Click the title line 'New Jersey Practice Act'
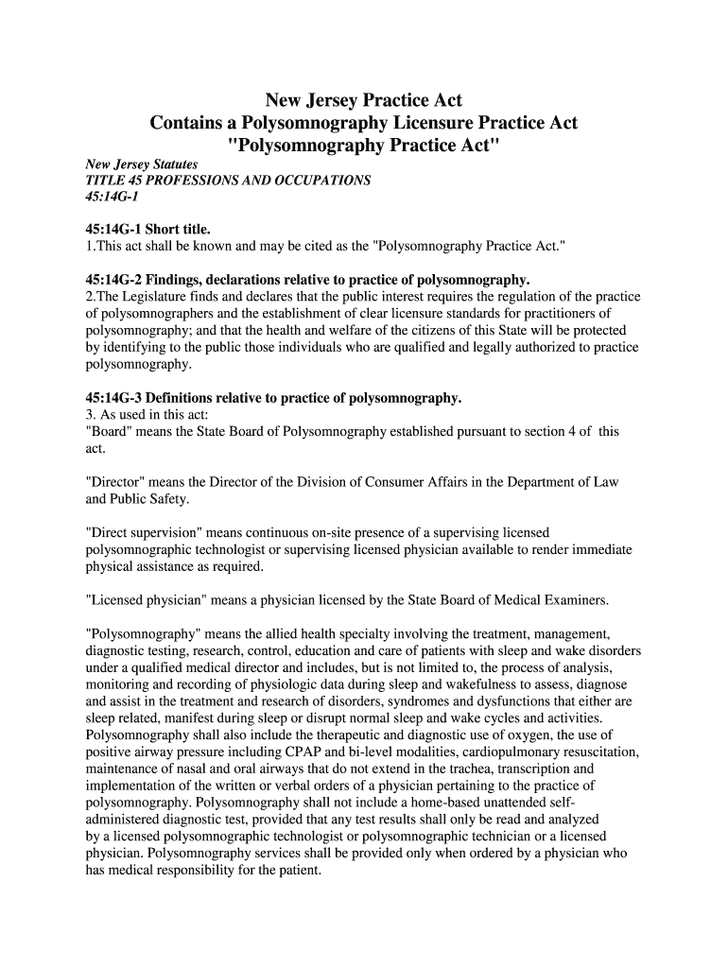tap(363, 100)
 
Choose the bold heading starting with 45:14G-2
tap(307, 280)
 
